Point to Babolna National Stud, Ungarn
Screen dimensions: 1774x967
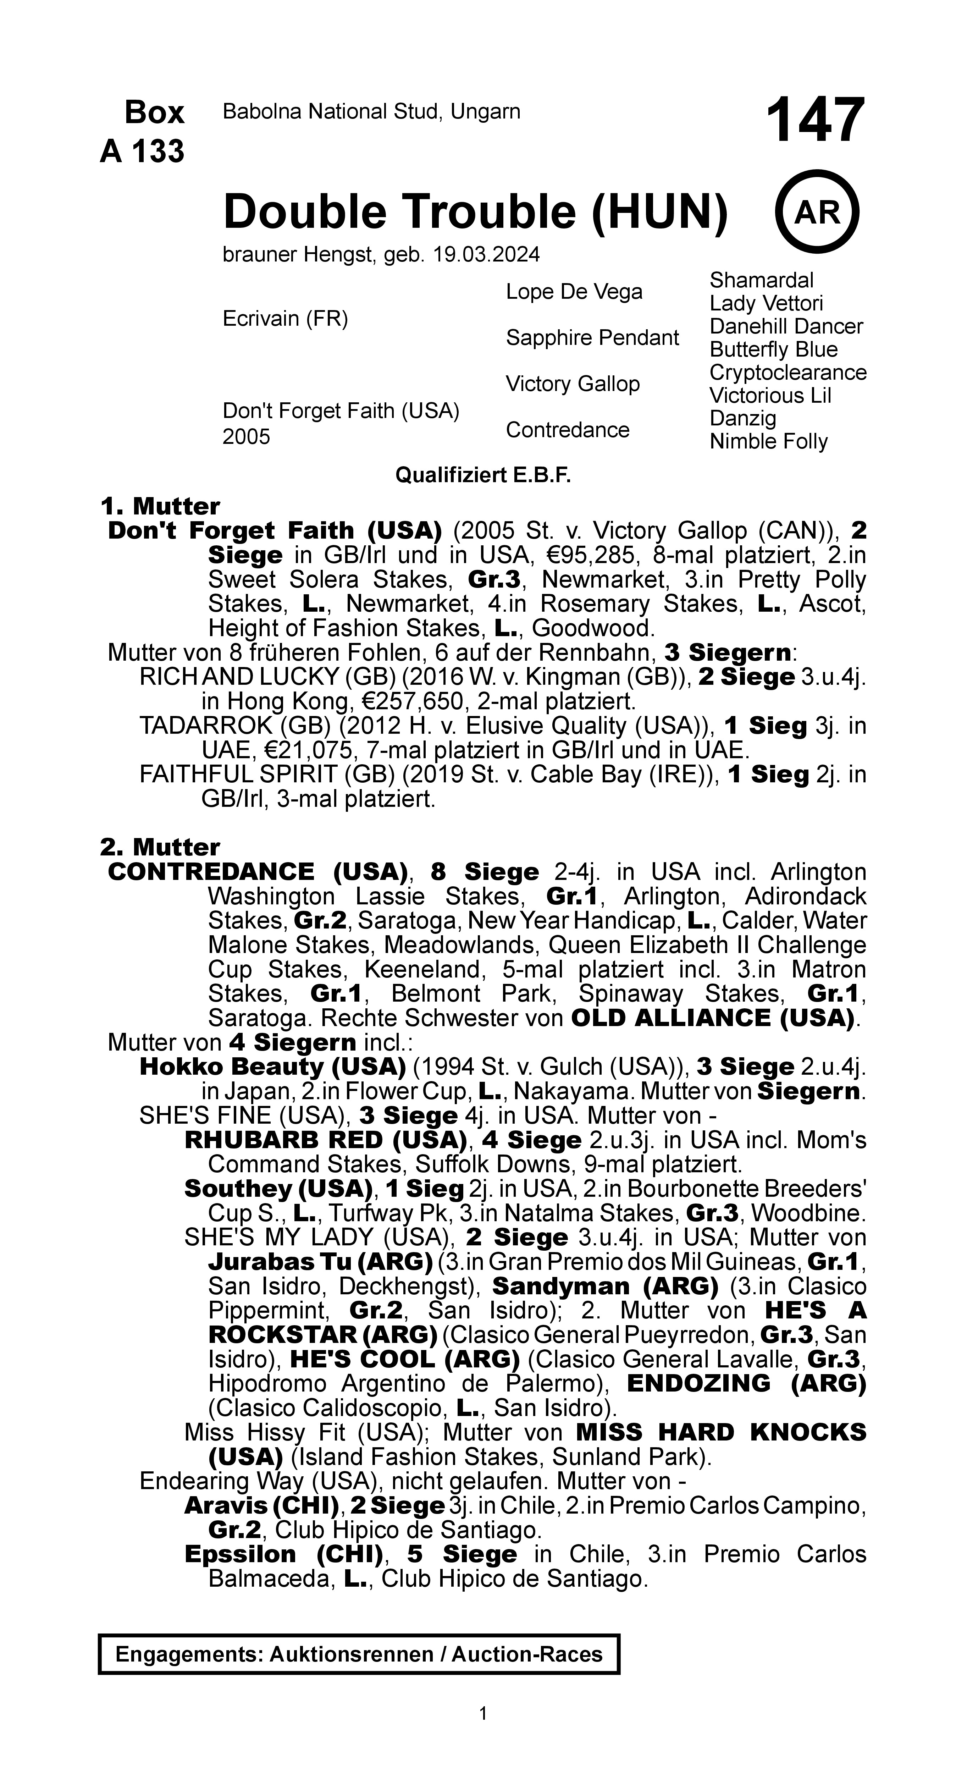pos(371,111)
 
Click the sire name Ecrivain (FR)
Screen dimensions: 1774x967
pos(285,319)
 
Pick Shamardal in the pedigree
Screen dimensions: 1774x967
pos(761,280)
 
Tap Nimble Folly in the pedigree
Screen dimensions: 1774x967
pos(769,441)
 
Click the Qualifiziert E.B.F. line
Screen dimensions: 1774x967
pos(483,475)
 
